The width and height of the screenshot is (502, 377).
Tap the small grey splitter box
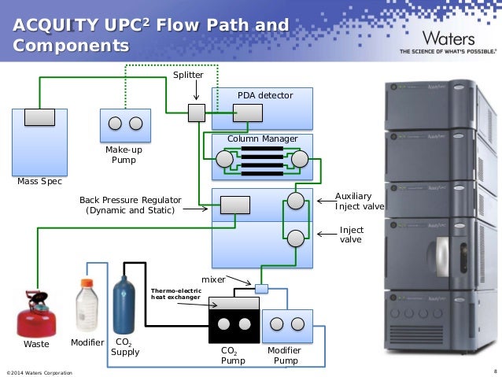pyautogui.click(x=196, y=113)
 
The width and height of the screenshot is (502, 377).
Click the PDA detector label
pyautogui.click(x=264, y=96)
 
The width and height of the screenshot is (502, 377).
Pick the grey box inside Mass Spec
pyautogui.click(x=39, y=116)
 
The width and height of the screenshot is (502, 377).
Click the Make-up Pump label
pyautogui.click(x=124, y=154)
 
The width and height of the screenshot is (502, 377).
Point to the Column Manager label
pyautogui.click(x=262, y=139)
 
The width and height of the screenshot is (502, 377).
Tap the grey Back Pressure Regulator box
pyautogui.click(x=234, y=205)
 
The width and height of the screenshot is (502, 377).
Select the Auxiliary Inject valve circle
pyautogui.click(x=295, y=200)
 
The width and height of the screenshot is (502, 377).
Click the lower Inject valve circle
pyautogui.click(x=295, y=237)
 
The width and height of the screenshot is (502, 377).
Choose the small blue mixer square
pyautogui.click(x=262, y=288)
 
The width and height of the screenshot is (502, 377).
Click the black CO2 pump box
pyautogui.click(x=234, y=323)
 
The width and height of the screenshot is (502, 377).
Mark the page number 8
pyautogui.click(x=493, y=371)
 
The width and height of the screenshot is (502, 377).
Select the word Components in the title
pyautogui.click(x=71, y=46)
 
